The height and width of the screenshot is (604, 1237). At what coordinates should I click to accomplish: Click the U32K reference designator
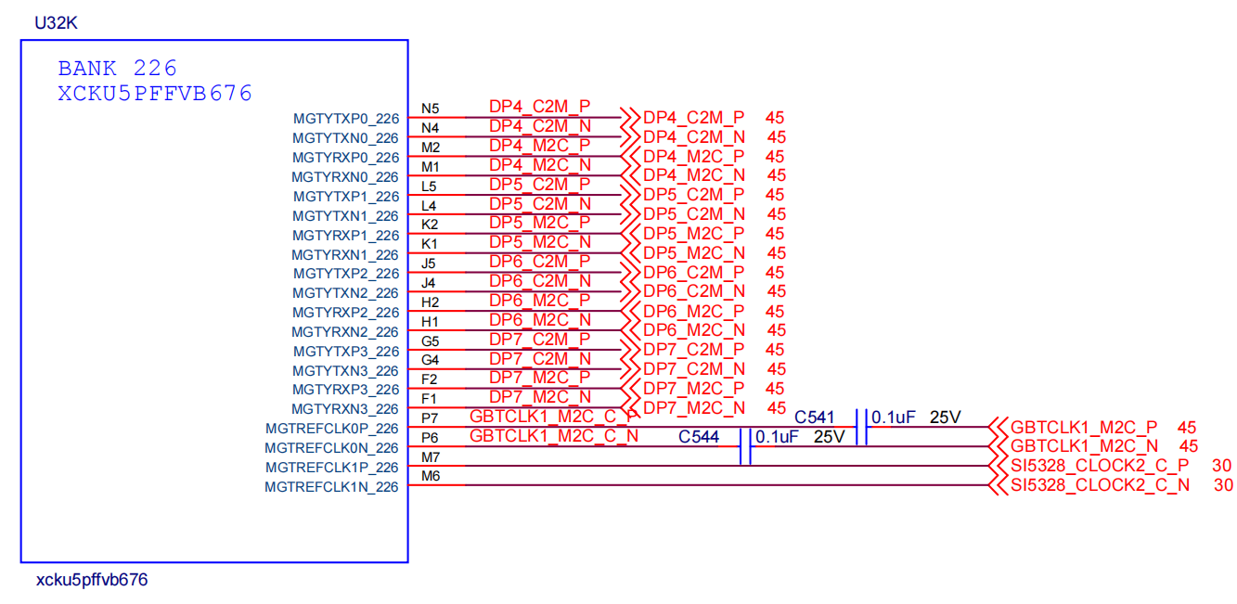pos(56,23)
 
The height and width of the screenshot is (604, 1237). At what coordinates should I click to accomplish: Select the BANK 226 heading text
pos(117,69)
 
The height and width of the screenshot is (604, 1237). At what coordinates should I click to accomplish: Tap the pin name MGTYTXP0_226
pos(346,119)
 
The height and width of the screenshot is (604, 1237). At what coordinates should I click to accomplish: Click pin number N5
pos(431,109)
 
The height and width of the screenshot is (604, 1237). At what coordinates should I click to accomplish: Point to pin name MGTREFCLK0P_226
pos(332,429)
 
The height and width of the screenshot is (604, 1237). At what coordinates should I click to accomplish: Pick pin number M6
pos(431,476)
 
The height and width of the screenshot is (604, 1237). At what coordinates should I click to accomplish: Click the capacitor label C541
pos(816,418)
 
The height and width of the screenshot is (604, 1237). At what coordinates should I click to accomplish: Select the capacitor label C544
pos(699,436)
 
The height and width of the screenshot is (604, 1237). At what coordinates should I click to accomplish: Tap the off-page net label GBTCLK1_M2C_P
pos(1083,428)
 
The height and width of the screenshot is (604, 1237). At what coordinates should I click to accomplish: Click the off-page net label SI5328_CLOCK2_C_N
pos(1100,485)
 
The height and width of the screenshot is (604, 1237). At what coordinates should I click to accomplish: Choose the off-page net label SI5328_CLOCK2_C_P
pos(1100,466)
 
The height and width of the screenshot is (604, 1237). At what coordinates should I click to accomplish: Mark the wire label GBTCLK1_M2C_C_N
pos(553,436)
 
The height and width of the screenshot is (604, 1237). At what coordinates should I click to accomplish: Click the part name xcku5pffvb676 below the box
pos(92,581)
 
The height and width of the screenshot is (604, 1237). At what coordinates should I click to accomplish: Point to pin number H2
pos(431,302)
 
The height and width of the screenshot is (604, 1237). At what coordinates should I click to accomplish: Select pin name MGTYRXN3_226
pos(345,409)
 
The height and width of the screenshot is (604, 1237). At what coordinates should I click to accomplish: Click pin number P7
pos(431,418)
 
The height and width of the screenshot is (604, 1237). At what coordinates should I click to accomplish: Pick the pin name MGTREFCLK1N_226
pos(332,487)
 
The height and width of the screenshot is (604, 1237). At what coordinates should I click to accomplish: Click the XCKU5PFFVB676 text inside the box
pos(155,94)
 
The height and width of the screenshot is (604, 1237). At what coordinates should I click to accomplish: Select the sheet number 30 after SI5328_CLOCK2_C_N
pos(1223,485)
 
